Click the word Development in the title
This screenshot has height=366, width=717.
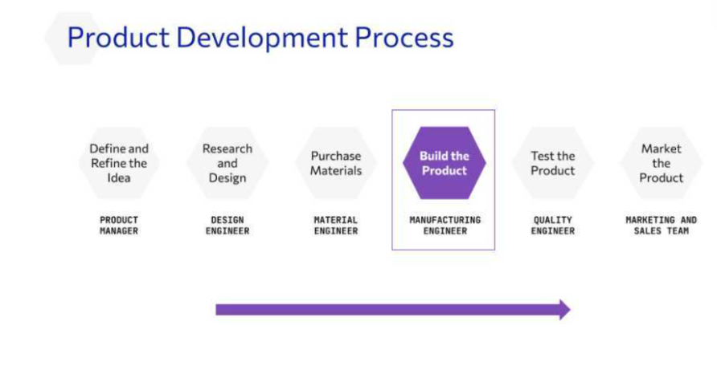tap(261, 39)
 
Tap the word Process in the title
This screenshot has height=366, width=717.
tap(404, 37)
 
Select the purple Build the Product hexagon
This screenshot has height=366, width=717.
tap(444, 163)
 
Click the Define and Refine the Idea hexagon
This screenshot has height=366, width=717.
tap(119, 163)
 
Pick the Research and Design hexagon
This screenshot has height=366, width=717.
tap(227, 163)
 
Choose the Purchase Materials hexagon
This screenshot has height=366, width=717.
tap(336, 163)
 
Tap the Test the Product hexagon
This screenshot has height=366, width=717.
tap(553, 163)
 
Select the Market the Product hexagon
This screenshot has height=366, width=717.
tap(662, 163)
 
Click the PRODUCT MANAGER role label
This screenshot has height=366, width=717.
tap(119, 226)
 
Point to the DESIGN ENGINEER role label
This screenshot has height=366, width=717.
tap(227, 226)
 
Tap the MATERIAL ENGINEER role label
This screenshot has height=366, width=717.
tap(336, 226)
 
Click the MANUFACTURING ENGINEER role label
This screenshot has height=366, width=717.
tap(445, 226)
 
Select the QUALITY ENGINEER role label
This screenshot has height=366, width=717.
tap(553, 226)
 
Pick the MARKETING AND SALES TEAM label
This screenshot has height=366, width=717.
tap(662, 226)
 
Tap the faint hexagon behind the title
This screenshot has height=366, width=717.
tap(73, 39)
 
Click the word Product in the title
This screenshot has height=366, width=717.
tap(118, 37)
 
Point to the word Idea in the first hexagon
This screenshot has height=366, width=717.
tap(119, 177)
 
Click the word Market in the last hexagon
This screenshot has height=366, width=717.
tap(662, 148)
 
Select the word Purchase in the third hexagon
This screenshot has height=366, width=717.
tap(336, 156)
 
